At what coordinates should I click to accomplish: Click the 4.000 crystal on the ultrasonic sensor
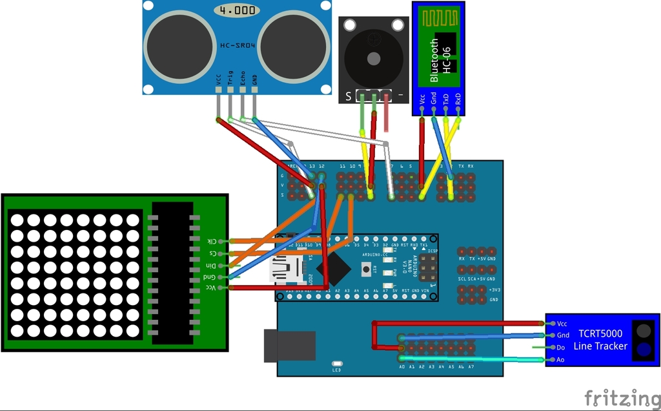[x=236, y=11]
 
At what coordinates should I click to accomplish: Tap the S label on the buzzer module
[x=348, y=96]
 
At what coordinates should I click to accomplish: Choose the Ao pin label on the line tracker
[x=561, y=359]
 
